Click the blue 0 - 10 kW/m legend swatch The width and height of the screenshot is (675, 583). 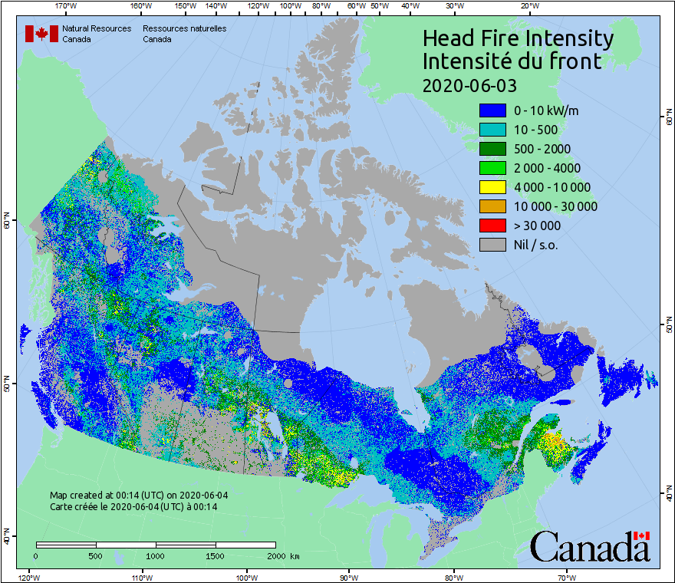[x=492, y=110]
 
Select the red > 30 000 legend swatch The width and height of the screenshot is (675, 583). [x=492, y=226]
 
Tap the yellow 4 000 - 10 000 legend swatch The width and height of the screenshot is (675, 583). [x=492, y=187]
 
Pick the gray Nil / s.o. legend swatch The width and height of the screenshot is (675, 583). [x=492, y=245]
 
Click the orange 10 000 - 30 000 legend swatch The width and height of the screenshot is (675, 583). [x=492, y=206]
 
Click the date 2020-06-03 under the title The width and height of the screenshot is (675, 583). [x=469, y=84]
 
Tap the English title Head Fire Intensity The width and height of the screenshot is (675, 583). [x=518, y=38]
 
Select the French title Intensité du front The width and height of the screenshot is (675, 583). [x=512, y=61]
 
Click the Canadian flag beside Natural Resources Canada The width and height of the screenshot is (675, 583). [x=41, y=34]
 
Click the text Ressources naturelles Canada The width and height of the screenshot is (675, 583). [x=184, y=34]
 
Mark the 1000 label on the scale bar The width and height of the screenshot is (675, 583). [x=156, y=555]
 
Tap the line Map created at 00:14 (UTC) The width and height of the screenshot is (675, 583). [x=139, y=496]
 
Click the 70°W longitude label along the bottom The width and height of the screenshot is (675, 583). [x=567, y=577]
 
